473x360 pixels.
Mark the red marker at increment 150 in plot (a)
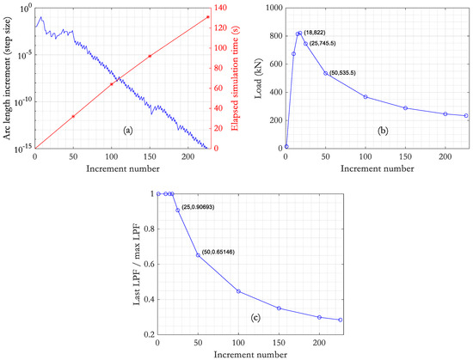pos(150,56)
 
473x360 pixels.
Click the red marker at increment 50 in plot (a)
pos(73,116)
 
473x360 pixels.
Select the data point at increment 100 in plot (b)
pos(365,97)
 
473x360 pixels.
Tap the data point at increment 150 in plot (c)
pos(279,308)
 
